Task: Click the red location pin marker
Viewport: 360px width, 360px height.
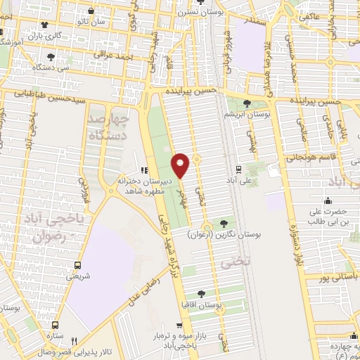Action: (181, 165)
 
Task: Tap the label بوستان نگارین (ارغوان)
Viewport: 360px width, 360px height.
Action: (225, 237)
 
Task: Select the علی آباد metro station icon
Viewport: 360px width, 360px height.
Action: (238, 169)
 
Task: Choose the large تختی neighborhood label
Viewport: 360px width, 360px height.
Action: (229, 263)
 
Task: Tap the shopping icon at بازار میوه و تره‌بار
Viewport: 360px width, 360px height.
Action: (180, 326)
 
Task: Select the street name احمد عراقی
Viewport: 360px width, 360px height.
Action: (94, 53)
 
